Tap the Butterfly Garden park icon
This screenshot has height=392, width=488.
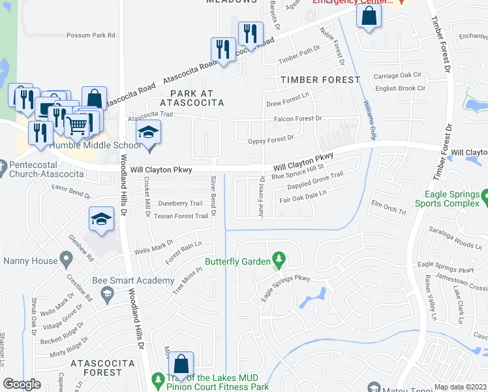coord(279,261)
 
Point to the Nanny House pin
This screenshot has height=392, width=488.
coord(66,261)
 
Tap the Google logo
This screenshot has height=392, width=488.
coord(22,384)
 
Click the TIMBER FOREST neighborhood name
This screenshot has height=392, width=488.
coord(320,80)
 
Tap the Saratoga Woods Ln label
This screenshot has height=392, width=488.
coord(450,237)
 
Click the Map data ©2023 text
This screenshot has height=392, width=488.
coord(461,387)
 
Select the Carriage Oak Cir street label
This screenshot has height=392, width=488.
coord(399,76)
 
